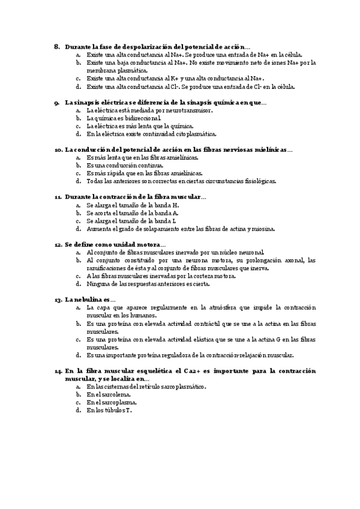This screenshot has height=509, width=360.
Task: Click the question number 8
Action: coord(56,46)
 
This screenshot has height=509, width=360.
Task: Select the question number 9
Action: coord(56,103)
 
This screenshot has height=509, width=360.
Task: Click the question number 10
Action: coord(58,149)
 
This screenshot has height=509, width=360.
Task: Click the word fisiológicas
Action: coord(257,181)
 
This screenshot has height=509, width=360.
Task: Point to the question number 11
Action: coord(58,197)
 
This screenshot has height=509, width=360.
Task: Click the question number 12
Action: coord(58,244)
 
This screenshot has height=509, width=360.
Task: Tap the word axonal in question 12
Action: coord(283,261)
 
